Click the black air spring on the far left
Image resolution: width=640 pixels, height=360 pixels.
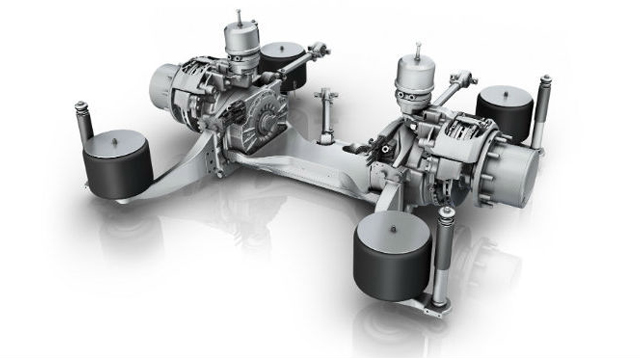(116, 165)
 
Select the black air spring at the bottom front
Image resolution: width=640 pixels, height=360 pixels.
(392, 255)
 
